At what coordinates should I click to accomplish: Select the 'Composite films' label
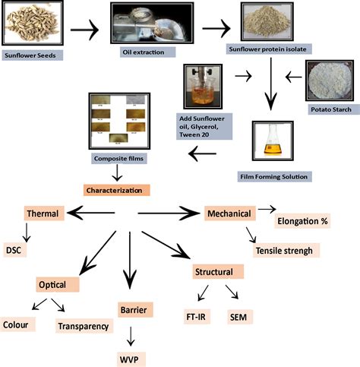click(x=118, y=159)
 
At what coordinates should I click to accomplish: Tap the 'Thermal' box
click(x=43, y=215)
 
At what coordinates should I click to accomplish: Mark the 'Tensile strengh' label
click(x=283, y=250)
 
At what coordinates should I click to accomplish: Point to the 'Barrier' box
click(x=132, y=309)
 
